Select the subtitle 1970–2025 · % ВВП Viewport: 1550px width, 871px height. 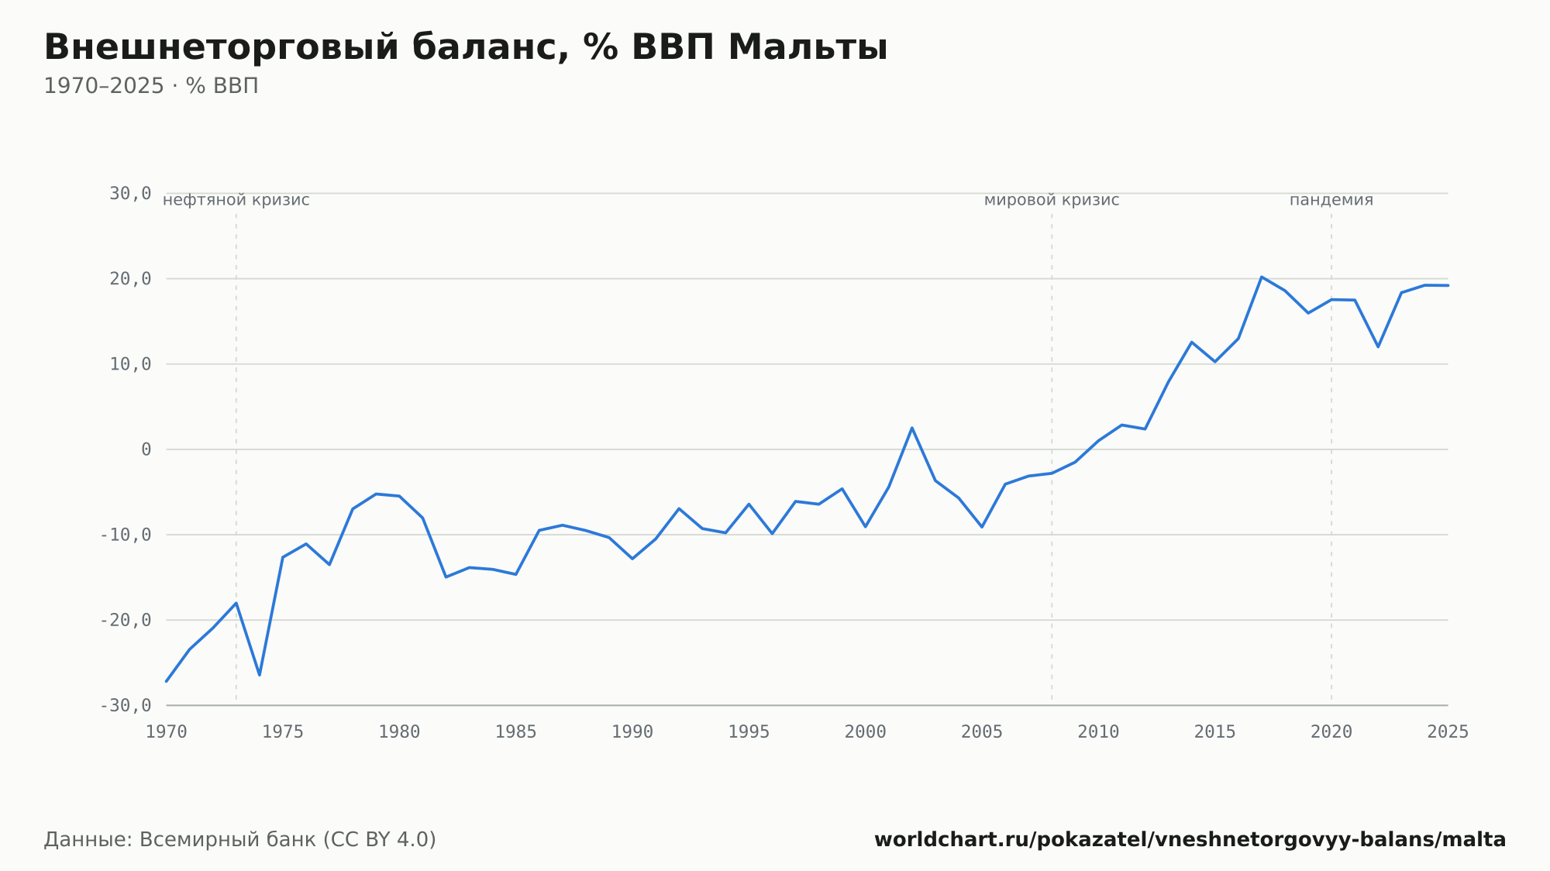(x=151, y=86)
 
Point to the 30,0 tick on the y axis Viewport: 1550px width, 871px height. (x=130, y=193)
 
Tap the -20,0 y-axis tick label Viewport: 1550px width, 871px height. (x=126, y=620)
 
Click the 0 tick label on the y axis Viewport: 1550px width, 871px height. (x=146, y=449)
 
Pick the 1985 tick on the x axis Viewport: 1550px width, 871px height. (x=516, y=732)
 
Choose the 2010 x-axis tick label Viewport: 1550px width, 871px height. (x=1098, y=732)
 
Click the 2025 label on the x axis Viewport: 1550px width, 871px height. (x=1448, y=732)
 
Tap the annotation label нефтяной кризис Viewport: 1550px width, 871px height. (x=236, y=200)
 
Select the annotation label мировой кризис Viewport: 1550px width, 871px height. (x=1052, y=200)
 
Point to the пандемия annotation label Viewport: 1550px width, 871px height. (x=1331, y=200)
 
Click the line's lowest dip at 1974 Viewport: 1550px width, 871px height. (x=260, y=675)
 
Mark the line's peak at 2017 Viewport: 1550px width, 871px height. (x=1262, y=277)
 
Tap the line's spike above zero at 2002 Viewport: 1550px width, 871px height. (x=912, y=428)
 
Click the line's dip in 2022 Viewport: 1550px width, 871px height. (x=1378, y=346)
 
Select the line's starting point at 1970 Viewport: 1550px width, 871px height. (x=167, y=681)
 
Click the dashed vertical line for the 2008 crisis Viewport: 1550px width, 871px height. (x=1052, y=457)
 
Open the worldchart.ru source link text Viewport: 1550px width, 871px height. (x=1190, y=840)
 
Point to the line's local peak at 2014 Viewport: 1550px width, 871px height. (x=1192, y=342)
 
